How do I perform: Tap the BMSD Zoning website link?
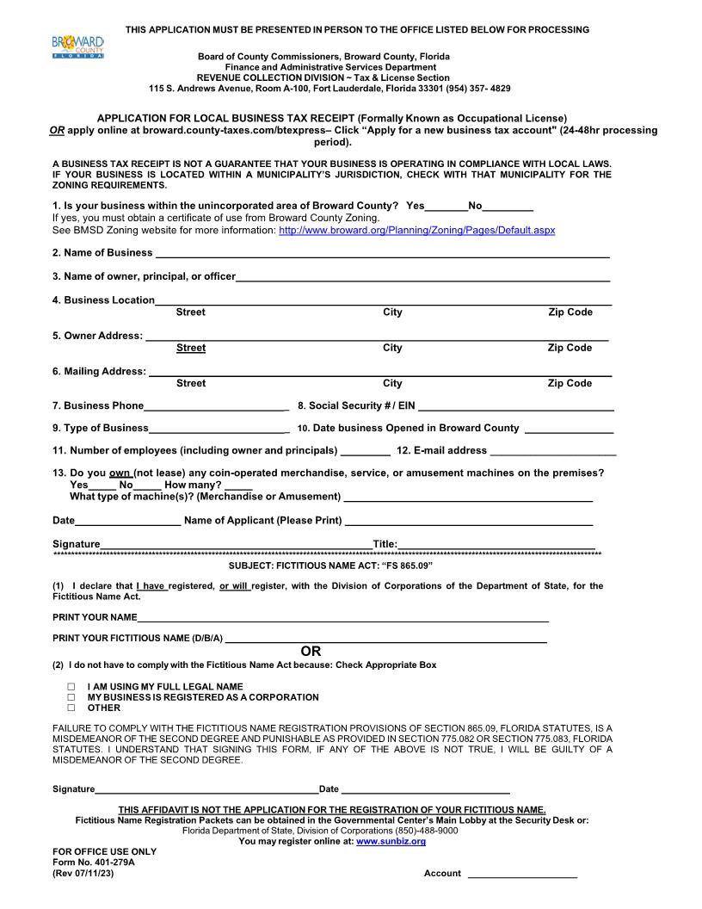[x=417, y=231]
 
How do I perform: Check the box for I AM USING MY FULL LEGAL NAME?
[x=71, y=687]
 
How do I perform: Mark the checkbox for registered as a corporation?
[x=71, y=697]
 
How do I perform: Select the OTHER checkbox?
[x=71, y=708]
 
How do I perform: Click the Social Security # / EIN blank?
[x=515, y=405]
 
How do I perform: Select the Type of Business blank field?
[x=219, y=428]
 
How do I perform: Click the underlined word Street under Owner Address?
[x=191, y=348]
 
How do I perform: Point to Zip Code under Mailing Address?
[x=570, y=383]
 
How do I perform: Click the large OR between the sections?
[x=311, y=652]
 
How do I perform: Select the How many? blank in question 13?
[x=238, y=485]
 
